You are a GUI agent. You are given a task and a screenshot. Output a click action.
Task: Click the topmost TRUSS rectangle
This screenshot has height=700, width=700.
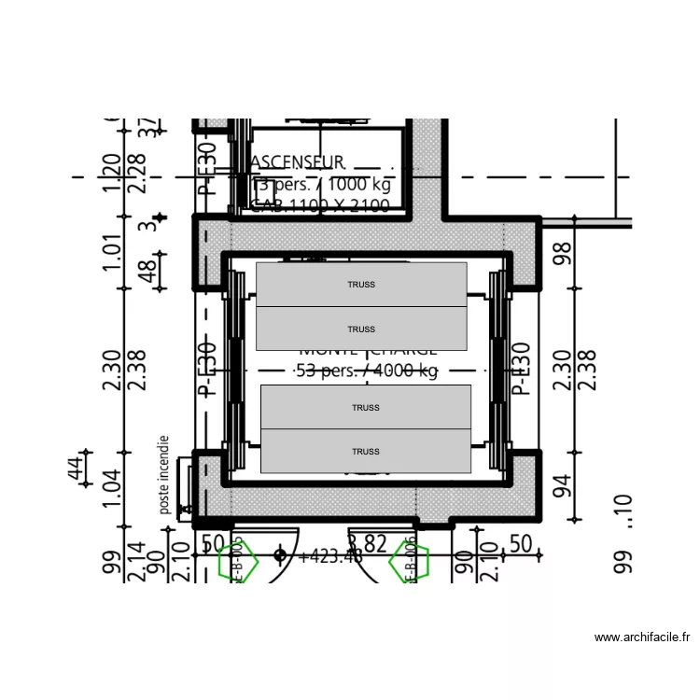click(361, 284)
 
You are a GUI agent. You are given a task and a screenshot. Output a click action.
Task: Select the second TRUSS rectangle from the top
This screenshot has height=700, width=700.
click(361, 329)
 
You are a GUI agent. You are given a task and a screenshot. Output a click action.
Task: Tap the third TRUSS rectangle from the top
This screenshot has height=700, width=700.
click(365, 407)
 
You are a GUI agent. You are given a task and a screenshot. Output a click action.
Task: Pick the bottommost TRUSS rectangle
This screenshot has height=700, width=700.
click(365, 451)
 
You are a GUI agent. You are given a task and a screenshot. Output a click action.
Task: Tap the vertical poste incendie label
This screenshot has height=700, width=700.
click(164, 475)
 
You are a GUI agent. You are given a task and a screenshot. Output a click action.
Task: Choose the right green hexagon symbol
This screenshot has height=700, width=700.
click(408, 562)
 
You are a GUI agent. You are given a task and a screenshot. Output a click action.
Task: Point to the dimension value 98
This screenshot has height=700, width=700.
click(561, 253)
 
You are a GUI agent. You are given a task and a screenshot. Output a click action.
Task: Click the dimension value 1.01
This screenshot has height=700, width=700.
click(112, 253)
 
